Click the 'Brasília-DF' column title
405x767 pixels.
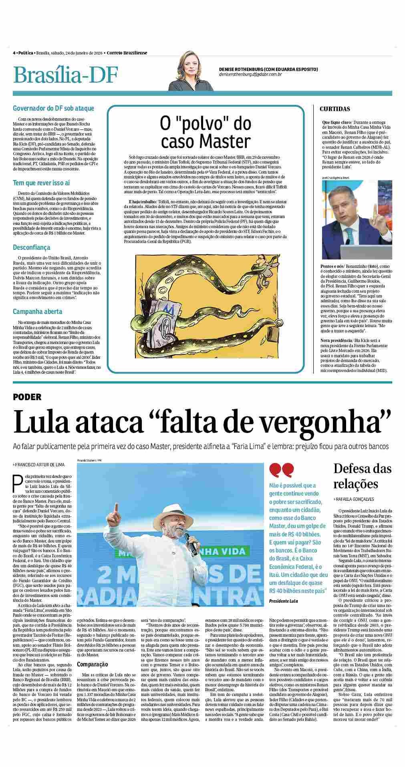click(66, 75)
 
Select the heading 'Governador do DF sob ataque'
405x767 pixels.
click(54, 108)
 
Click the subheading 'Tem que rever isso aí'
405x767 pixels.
click(41, 183)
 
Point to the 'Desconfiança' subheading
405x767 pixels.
click(32, 247)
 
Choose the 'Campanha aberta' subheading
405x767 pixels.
click(37, 312)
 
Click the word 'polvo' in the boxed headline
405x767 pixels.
click(217, 124)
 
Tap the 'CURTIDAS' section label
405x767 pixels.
click(335, 109)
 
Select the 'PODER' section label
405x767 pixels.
click(27, 397)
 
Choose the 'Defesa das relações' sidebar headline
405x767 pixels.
click(362, 476)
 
